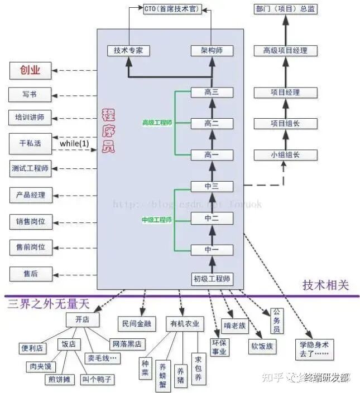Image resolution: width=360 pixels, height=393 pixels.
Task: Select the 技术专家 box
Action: [128, 50]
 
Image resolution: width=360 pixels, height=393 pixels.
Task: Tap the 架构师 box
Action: [212, 50]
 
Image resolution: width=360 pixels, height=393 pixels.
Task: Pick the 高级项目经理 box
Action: [286, 51]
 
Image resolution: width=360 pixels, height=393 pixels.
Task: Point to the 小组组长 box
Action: [285, 155]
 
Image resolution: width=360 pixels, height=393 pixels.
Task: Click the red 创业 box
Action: [31, 70]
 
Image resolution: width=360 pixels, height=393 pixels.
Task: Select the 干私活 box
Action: [31, 143]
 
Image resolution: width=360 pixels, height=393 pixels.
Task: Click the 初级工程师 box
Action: [212, 279]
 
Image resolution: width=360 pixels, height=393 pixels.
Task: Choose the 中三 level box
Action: [212, 187]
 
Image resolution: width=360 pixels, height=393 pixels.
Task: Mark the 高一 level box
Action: [212, 155]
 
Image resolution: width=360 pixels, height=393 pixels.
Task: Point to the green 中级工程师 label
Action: [156, 220]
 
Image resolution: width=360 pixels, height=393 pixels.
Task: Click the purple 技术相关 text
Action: [325, 285]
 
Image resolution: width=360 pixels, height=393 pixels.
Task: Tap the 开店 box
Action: [82, 320]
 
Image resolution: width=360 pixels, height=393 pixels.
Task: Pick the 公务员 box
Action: [277, 321]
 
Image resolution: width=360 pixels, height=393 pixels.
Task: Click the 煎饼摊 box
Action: [59, 379]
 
